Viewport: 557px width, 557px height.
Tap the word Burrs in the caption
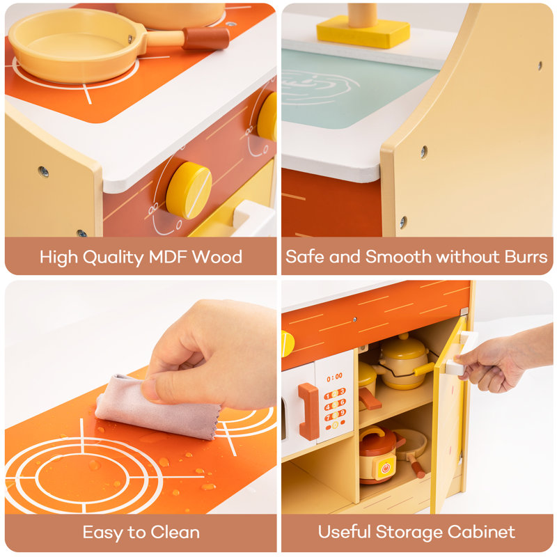pos(526,256)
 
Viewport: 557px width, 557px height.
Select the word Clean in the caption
pos(175,532)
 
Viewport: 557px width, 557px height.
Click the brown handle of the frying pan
pos(206,38)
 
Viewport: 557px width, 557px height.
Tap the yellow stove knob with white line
pos(189,190)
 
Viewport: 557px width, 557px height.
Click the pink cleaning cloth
pos(156,408)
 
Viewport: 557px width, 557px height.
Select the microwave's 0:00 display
pos(334,377)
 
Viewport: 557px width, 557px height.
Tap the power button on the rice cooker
pos(386,468)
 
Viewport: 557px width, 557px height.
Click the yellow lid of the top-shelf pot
pos(404,349)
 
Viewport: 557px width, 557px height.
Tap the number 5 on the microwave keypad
pos(334,405)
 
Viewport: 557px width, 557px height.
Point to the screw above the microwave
pos(354,320)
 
